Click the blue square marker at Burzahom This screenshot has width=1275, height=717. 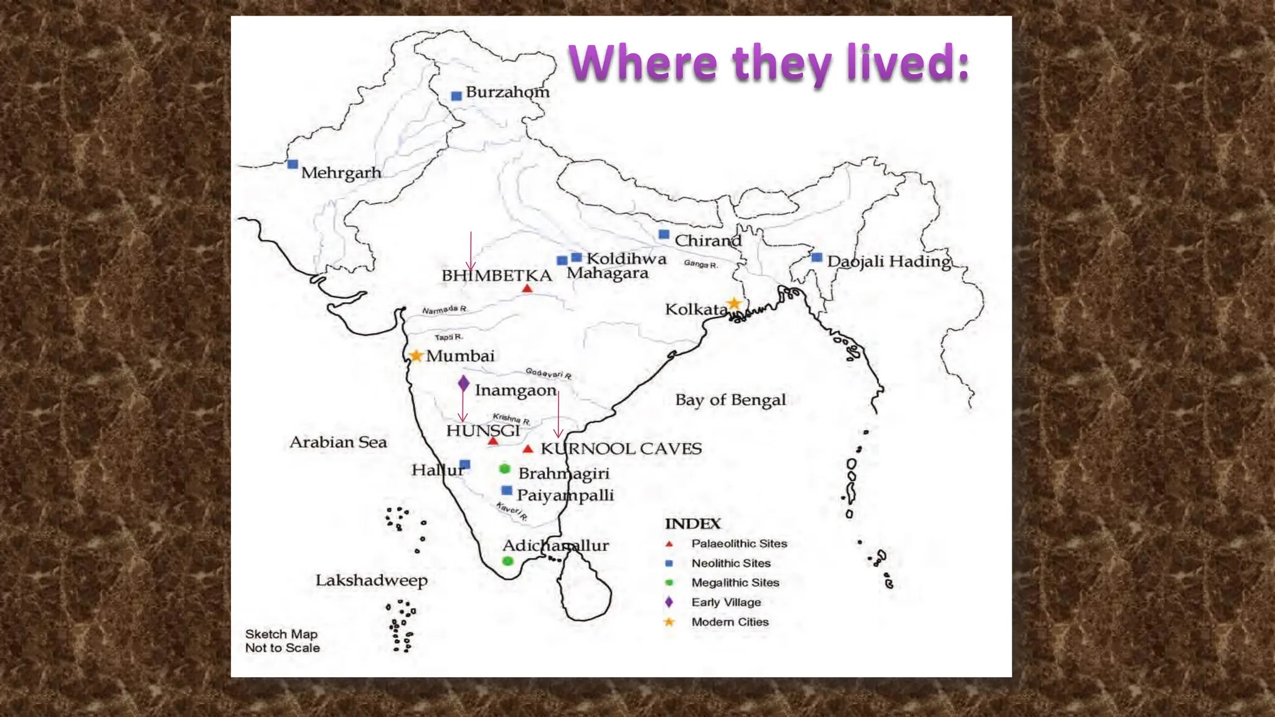tap(456, 96)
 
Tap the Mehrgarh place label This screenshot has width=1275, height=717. tap(341, 172)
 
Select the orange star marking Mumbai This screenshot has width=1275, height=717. tap(416, 356)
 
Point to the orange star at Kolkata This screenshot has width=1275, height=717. tap(735, 304)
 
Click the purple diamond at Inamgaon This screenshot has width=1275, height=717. tap(463, 383)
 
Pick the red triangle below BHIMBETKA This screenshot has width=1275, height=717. tap(527, 289)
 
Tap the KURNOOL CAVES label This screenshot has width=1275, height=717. tap(621, 449)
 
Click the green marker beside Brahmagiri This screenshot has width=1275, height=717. tap(505, 469)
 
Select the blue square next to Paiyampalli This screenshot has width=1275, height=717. tap(507, 490)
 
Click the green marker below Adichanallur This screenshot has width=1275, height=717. tap(508, 561)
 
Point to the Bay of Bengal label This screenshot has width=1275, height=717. tap(730, 400)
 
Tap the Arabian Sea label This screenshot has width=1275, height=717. tap(338, 443)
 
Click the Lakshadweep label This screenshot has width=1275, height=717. tap(371, 581)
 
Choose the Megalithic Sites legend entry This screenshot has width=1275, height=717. tap(735, 583)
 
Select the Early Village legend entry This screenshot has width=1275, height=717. tap(726, 602)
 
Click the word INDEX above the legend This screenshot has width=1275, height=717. tap(692, 524)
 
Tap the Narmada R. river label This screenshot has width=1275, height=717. tap(444, 310)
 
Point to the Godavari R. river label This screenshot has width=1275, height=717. tap(548, 373)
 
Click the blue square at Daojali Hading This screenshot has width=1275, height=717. tap(817, 258)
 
